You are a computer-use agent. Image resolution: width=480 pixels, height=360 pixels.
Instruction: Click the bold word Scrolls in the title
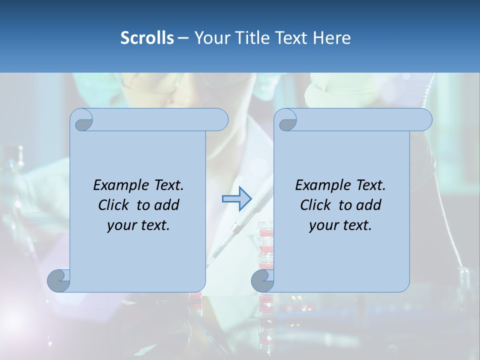point(147,37)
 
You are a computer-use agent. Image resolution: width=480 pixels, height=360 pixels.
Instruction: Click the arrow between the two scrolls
point(236,198)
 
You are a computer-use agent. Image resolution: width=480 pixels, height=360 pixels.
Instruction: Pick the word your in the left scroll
point(120,225)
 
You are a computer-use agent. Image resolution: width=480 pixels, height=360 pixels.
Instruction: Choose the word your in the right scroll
point(322,225)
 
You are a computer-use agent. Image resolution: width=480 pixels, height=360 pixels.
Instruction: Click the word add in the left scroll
point(167,205)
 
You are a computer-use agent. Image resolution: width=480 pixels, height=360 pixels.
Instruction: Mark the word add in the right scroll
point(369,205)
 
